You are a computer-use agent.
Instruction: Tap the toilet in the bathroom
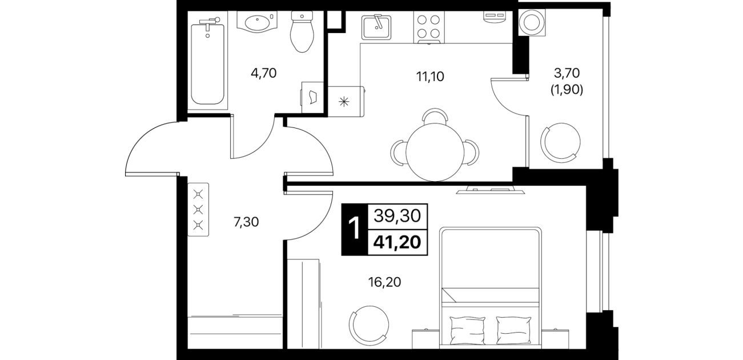(x=302, y=31)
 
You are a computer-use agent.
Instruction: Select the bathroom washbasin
(x=257, y=22)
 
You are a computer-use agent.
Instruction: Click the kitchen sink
(x=376, y=27)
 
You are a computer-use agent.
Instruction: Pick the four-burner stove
(x=428, y=27)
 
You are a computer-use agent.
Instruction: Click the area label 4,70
(x=264, y=73)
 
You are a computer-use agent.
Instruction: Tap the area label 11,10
(x=430, y=77)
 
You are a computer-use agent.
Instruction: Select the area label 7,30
(x=246, y=222)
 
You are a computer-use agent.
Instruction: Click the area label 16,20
(x=384, y=282)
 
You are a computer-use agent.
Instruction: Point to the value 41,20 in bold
(x=397, y=242)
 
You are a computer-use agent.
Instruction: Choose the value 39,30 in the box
(x=397, y=216)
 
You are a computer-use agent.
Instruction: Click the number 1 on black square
(x=355, y=229)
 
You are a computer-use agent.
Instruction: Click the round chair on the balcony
(x=561, y=143)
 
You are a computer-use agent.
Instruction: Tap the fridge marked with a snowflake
(x=346, y=101)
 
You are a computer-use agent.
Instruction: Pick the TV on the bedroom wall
(x=490, y=190)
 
